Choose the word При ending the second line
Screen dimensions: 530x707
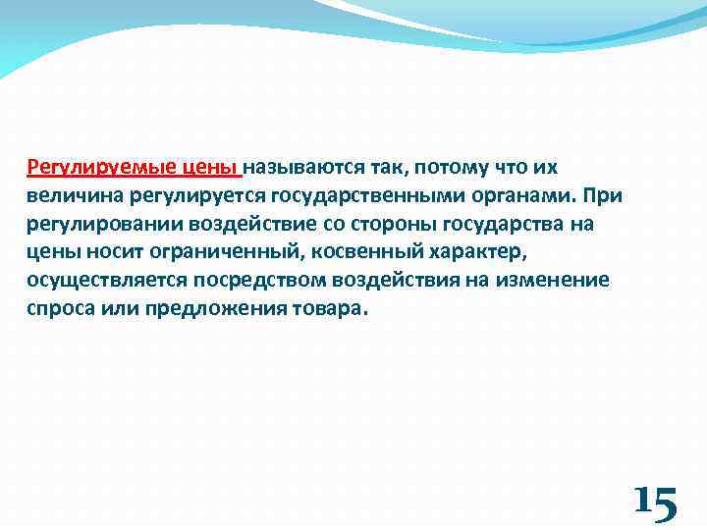[601, 195]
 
